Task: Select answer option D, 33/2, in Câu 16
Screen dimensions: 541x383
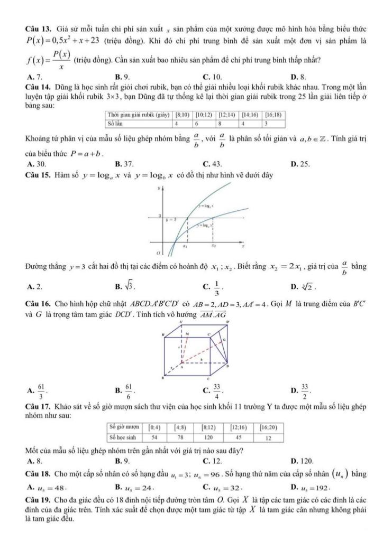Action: [300, 391]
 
